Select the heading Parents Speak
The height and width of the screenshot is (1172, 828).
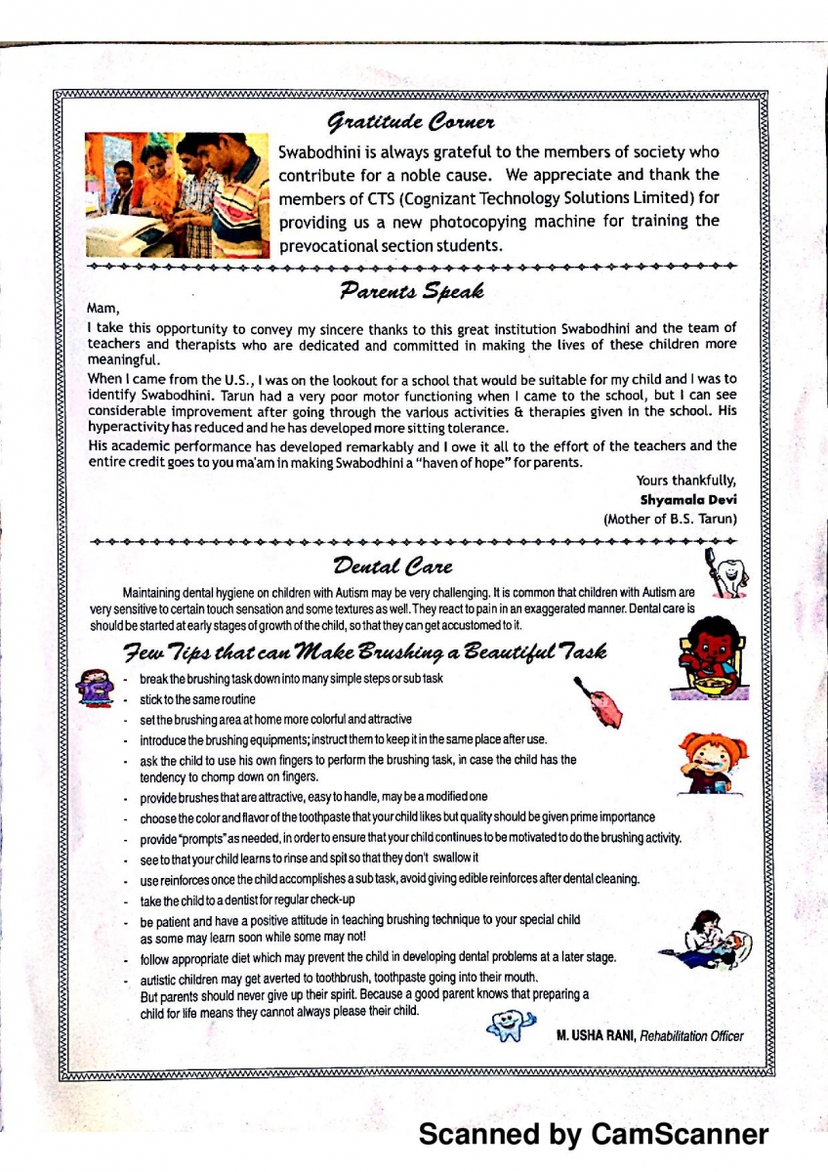click(x=412, y=290)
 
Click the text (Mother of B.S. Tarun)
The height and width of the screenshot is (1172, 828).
click(x=670, y=518)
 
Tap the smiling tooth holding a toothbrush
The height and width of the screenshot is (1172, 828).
click(x=726, y=572)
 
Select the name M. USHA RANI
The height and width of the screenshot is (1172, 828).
click(x=596, y=1035)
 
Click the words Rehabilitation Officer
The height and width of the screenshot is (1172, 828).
click(x=691, y=1035)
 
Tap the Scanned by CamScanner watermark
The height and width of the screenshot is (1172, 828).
click(x=593, y=1135)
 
